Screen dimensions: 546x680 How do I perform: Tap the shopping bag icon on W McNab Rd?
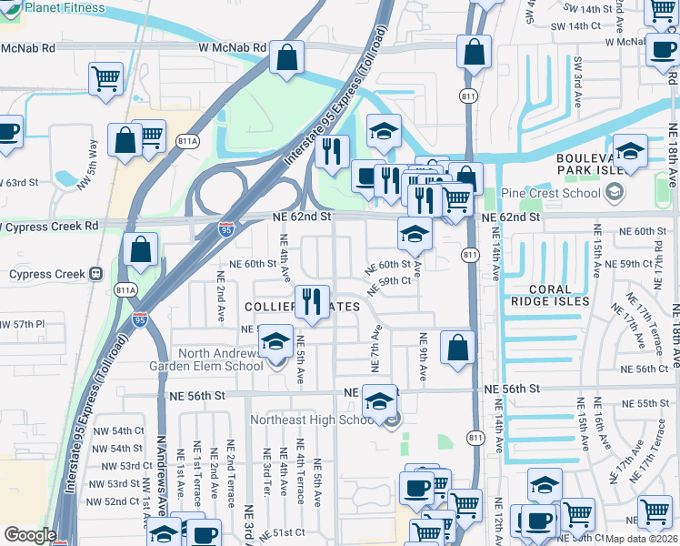[287, 57]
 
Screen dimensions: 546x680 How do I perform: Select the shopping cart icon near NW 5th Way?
[105, 78]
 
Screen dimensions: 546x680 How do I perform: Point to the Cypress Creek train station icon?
[94, 274]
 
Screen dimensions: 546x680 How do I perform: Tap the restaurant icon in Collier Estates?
[312, 301]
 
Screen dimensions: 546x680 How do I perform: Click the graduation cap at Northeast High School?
[377, 399]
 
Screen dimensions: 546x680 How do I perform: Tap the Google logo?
[30, 535]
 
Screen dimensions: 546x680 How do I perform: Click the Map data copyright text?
[642, 539]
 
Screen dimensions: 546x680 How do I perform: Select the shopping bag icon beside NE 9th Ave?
[457, 347]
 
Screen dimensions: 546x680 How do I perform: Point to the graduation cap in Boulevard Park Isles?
[630, 149]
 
